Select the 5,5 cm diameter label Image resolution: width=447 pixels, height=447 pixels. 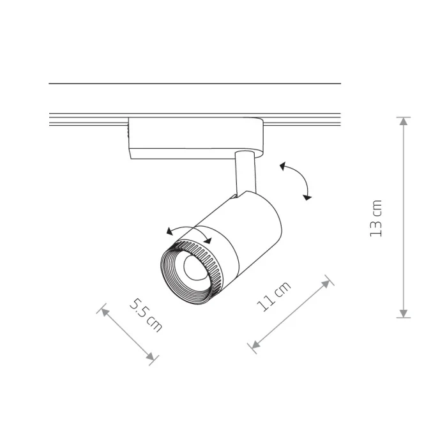[146, 314]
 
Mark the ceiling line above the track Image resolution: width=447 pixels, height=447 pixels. [195, 84]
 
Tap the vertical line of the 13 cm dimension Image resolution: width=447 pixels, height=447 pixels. [403, 217]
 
